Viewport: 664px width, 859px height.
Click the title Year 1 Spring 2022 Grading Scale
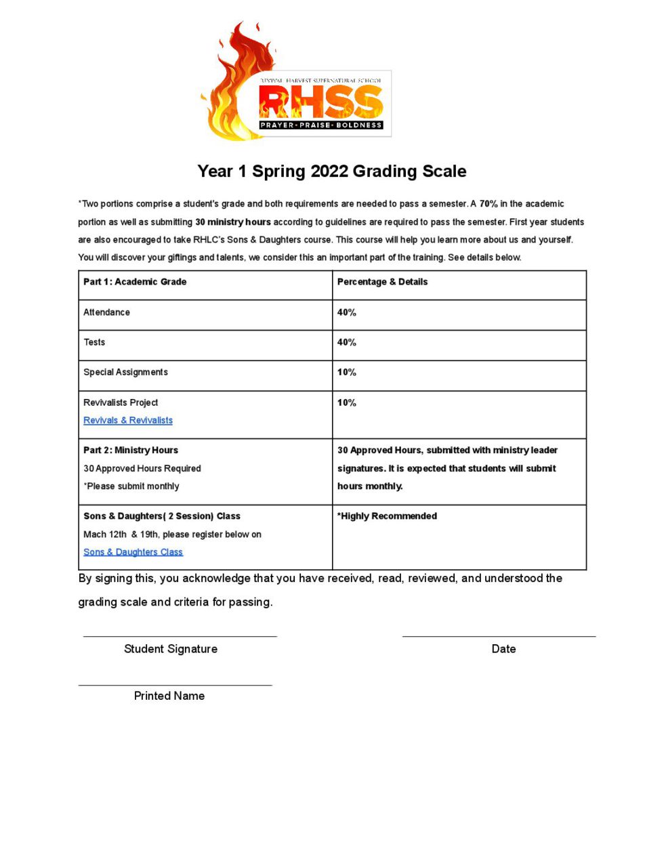(331, 171)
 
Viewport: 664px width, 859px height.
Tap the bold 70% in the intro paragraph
(488, 204)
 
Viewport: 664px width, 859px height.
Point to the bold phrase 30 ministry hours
(232, 222)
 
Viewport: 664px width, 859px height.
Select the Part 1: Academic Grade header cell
(135, 282)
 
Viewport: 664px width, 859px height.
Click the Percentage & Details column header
(382, 282)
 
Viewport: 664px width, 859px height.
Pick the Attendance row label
(106, 312)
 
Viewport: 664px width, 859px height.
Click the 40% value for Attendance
(346, 312)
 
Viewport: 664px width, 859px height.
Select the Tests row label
(94, 342)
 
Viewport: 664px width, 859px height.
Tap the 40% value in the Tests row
(346, 342)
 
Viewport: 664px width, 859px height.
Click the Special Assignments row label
(125, 372)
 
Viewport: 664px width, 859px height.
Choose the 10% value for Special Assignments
(346, 372)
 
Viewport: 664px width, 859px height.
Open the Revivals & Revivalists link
(128, 421)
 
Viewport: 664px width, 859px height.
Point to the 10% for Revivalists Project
(346, 402)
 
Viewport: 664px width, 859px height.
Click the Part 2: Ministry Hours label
(131, 450)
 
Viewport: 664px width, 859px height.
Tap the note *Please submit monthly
(131, 486)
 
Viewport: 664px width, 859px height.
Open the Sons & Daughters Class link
(133, 552)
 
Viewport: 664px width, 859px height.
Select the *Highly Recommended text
(387, 516)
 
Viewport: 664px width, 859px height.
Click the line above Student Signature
(180, 636)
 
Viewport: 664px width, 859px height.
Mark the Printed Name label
(169, 696)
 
